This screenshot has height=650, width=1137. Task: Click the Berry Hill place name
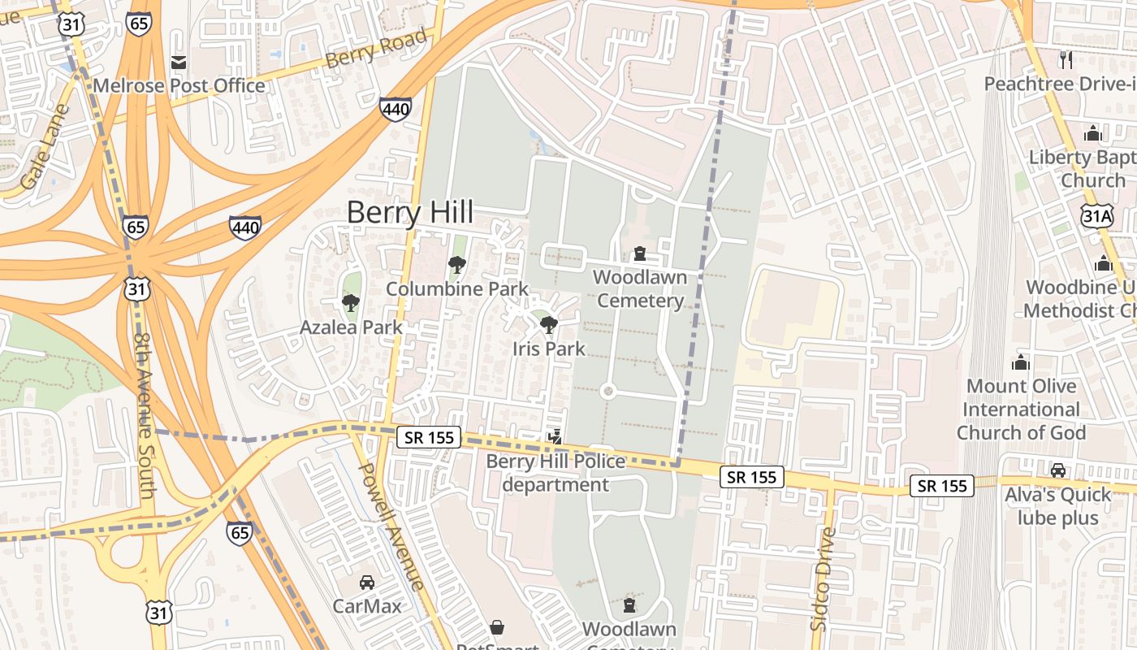[x=410, y=213]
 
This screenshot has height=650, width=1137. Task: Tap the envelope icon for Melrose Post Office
[x=179, y=63]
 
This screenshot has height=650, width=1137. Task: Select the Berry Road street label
[x=375, y=50]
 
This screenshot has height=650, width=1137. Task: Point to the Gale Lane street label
[x=45, y=147]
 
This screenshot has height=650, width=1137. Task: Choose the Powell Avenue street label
[x=391, y=526]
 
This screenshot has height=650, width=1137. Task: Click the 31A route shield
[x=1096, y=215]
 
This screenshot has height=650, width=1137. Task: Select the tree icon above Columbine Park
[x=456, y=265]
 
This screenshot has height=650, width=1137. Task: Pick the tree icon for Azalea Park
[x=351, y=303]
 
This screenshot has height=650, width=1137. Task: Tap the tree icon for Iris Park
[x=549, y=326]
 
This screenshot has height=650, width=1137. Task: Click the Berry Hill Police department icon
[x=556, y=437]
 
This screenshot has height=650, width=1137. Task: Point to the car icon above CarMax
[x=367, y=583]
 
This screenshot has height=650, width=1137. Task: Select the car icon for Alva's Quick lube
[x=1058, y=470]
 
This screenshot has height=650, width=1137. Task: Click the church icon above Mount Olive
[x=1021, y=362]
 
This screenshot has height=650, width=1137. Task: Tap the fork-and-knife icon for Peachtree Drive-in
[x=1066, y=59]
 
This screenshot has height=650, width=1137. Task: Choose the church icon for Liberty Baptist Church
[x=1093, y=132]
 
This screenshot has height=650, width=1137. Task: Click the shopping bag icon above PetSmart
[x=497, y=627]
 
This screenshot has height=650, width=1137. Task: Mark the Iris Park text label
[x=549, y=349]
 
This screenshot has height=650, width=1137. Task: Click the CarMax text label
[x=367, y=606]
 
